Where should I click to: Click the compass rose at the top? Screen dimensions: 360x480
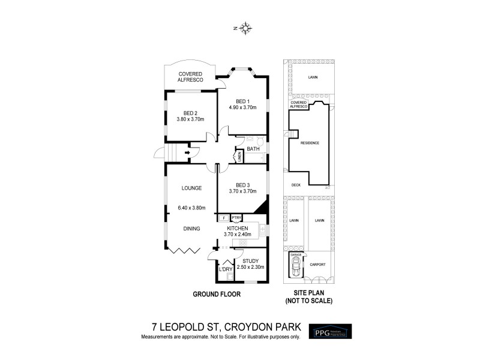(245, 27)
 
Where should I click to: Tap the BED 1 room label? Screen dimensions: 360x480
(242, 100)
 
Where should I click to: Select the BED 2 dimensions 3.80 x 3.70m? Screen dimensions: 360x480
(190, 119)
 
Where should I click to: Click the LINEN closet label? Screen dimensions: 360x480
(239, 157)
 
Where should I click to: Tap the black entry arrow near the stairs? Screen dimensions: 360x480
(188, 152)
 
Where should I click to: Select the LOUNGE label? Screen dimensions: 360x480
(191, 188)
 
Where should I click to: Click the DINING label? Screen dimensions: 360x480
(192, 228)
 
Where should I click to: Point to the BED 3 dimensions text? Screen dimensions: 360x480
(242, 191)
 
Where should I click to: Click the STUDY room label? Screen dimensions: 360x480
(251, 260)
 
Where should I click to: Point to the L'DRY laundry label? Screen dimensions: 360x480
(226, 269)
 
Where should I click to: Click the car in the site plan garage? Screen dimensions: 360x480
(295, 268)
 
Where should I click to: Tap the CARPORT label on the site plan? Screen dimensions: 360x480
(317, 264)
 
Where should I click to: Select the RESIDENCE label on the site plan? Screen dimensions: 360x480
(310, 143)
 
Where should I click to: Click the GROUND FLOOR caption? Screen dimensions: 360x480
(217, 294)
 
